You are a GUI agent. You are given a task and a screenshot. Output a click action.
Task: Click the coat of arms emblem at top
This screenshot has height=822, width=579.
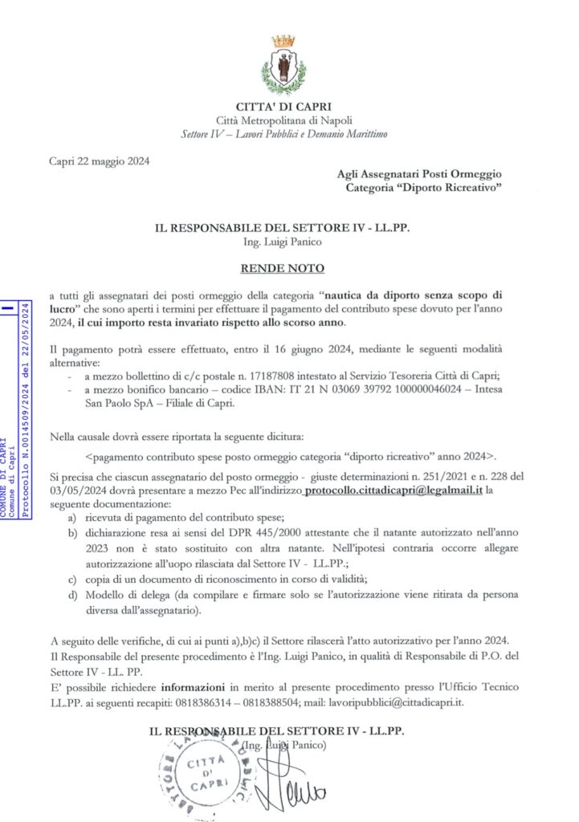tap(283, 64)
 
